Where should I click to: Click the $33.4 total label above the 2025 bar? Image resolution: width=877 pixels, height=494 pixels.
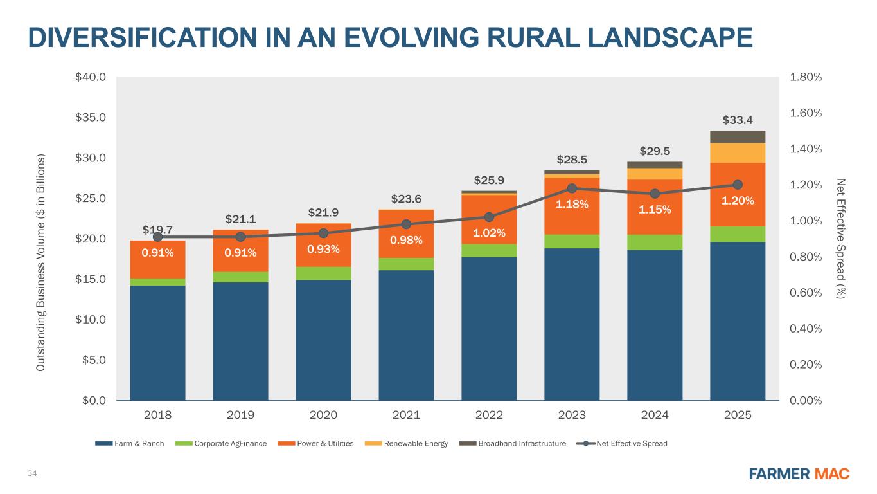[738, 120]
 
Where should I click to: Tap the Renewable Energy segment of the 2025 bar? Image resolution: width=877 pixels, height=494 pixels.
[738, 153]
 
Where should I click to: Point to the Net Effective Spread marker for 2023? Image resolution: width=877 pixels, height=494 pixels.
[572, 188]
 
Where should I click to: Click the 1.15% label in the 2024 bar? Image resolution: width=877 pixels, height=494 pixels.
[655, 210]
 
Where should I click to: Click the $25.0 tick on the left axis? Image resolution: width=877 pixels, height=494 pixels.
[91, 199]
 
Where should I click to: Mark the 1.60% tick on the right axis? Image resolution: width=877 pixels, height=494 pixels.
[806, 113]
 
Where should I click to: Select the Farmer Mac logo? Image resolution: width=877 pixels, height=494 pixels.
[800, 474]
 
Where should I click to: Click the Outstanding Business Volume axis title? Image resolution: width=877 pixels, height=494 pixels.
[41, 262]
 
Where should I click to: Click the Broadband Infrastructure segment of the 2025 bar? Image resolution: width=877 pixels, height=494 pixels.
[738, 136]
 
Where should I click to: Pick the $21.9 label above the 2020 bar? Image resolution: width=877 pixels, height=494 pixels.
[323, 212]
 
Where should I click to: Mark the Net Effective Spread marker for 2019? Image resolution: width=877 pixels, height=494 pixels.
[240, 237]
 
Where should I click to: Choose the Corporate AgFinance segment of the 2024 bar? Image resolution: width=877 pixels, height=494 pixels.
[655, 242]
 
